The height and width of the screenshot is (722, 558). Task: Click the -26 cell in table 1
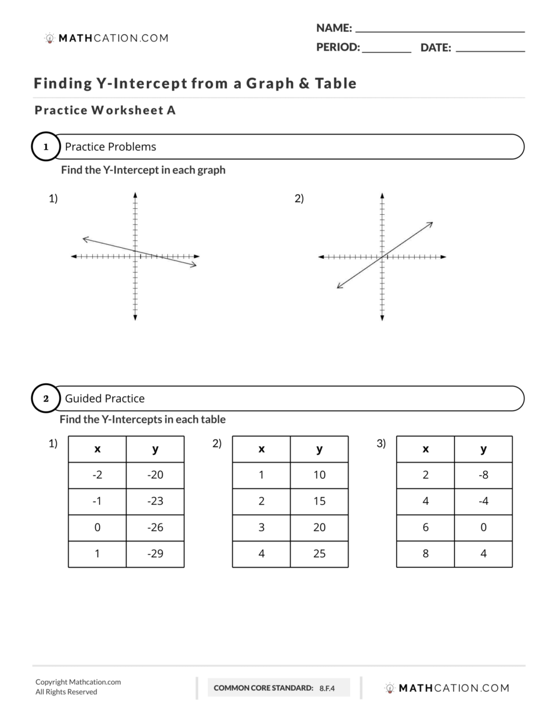(155, 528)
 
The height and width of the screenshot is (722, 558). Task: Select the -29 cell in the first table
(155, 554)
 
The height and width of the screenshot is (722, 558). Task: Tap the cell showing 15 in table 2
(319, 501)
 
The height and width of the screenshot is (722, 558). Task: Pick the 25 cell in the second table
(319, 554)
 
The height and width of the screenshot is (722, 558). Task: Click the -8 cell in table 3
(483, 475)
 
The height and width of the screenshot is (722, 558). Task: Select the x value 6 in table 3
(426, 528)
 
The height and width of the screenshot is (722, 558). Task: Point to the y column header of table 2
(319, 449)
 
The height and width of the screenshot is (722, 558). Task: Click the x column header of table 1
(98, 449)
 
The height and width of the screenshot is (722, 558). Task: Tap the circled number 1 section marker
(46, 147)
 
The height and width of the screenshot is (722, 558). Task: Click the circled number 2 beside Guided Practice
(46, 398)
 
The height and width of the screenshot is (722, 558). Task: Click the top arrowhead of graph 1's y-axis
(135, 195)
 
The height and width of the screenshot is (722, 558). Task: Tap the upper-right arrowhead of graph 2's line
(430, 224)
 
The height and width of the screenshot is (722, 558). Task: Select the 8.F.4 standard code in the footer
(327, 688)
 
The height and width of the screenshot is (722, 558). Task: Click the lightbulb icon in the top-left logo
(50, 38)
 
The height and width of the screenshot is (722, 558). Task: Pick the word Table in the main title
(333, 84)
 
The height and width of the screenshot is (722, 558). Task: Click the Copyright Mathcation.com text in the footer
(78, 682)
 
